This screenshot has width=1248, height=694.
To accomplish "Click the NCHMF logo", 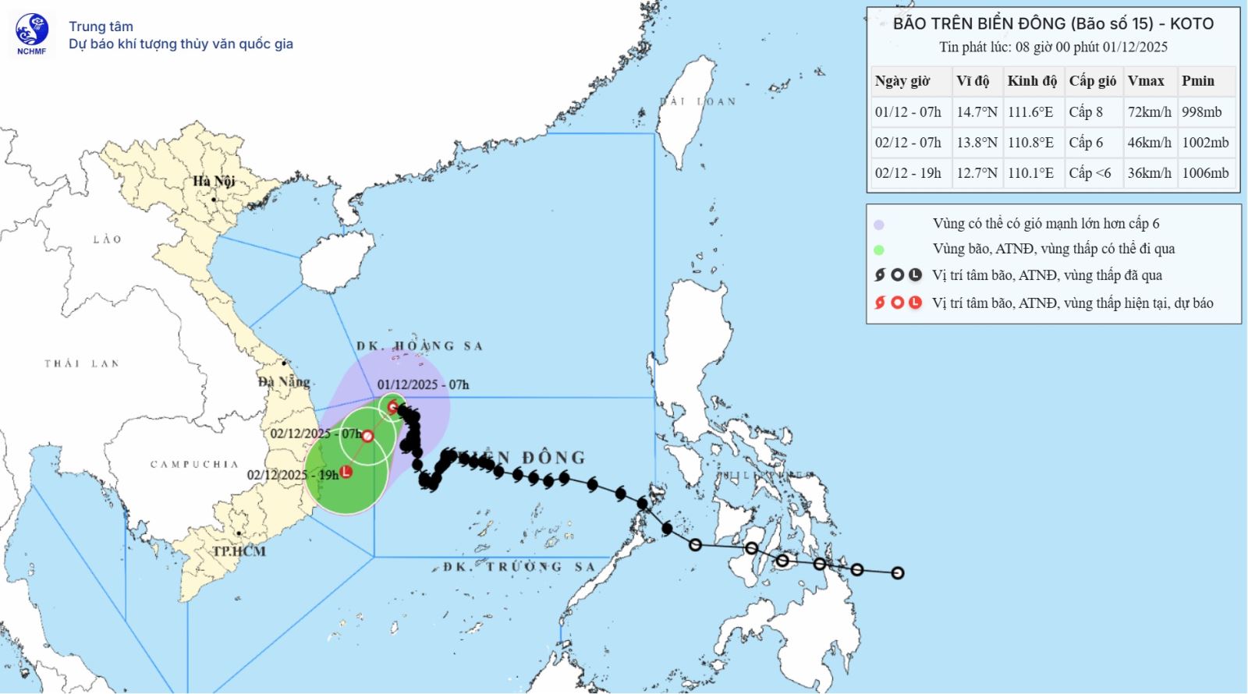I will click(32, 34).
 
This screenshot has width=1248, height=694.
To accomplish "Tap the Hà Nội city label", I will click(214, 181).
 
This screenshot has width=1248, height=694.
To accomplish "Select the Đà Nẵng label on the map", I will click(284, 381).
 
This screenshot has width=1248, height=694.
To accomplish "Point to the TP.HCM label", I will click(239, 551).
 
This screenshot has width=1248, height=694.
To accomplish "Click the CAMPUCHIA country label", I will click(194, 464).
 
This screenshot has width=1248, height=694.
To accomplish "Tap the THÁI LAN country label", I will click(81, 363).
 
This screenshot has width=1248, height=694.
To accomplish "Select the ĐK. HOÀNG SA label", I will click(420, 345).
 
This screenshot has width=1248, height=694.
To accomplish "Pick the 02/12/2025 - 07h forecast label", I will click(316, 434).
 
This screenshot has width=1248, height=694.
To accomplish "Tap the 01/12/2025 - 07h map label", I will click(423, 384).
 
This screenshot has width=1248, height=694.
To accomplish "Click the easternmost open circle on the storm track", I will click(898, 573).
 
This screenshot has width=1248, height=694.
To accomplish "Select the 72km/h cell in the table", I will click(1149, 112).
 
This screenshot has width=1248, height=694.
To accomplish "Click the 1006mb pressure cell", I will click(1205, 173).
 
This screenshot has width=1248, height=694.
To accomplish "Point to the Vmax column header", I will click(1145, 80).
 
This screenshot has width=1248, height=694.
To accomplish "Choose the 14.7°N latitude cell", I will click(977, 112).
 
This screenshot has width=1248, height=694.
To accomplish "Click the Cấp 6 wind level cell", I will click(1086, 142).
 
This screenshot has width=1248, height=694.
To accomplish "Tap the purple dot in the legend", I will click(879, 225).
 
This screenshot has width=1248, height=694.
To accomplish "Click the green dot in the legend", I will click(879, 250).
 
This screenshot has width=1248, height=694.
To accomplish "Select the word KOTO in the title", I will click(1191, 23).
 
